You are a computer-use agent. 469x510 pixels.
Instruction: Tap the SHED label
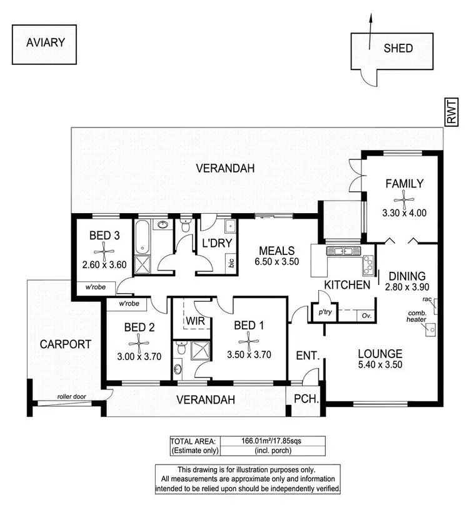click(x=398, y=47)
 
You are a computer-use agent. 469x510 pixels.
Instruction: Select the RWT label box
click(x=451, y=113)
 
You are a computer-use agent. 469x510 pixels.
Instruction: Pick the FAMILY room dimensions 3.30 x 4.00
click(x=404, y=212)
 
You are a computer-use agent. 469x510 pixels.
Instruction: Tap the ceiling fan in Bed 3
click(x=104, y=251)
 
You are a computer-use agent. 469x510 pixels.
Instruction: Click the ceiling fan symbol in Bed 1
click(x=249, y=341)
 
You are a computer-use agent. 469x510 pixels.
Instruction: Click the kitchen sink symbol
click(x=342, y=252)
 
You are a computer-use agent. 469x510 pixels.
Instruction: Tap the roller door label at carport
click(x=88, y=396)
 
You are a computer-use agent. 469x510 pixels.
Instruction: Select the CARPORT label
click(x=66, y=344)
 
